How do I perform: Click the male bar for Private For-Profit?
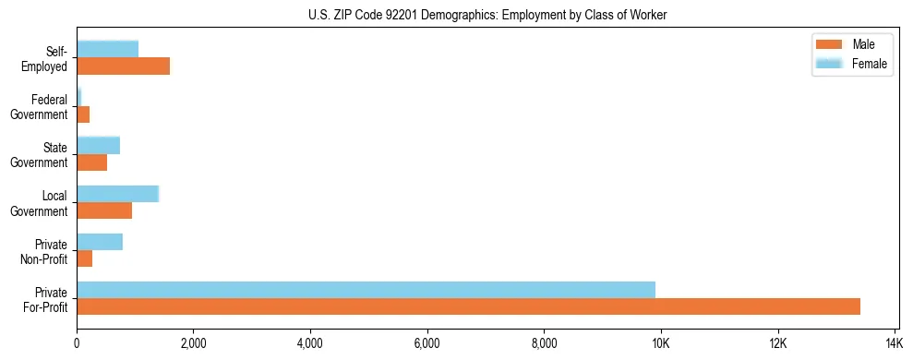(x=468, y=306)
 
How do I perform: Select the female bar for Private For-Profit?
(x=366, y=290)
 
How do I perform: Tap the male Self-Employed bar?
(x=123, y=66)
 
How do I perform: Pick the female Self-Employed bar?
(x=107, y=49)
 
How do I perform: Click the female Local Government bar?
(x=117, y=194)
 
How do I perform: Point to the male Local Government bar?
(x=104, y=210)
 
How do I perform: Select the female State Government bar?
(x=98, y=145)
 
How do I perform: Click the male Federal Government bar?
(x=83, y=114)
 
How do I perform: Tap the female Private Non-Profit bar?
(x=100, y=242)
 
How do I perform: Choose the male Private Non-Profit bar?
(x=84, y=258)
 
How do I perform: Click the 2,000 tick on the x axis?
(x=193, y=343)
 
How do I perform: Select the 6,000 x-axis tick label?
(x=427, y=343)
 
